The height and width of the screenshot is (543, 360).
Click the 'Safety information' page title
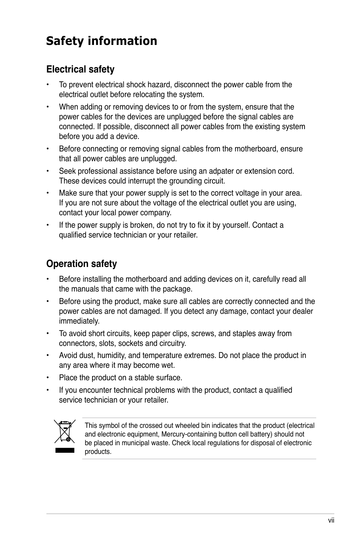[102, 41]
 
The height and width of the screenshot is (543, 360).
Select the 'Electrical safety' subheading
[80, 69]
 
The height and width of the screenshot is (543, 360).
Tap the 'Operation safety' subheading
[82, 264]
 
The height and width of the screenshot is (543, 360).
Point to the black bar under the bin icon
[65, 450]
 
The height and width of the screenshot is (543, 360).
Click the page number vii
[331, 520]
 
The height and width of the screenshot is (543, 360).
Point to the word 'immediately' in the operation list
[79, 321]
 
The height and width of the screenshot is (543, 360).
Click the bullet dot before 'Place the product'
[48, 378]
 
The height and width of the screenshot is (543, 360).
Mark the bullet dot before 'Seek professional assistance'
[48, 171]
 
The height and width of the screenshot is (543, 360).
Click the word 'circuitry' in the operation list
[172, 343]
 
